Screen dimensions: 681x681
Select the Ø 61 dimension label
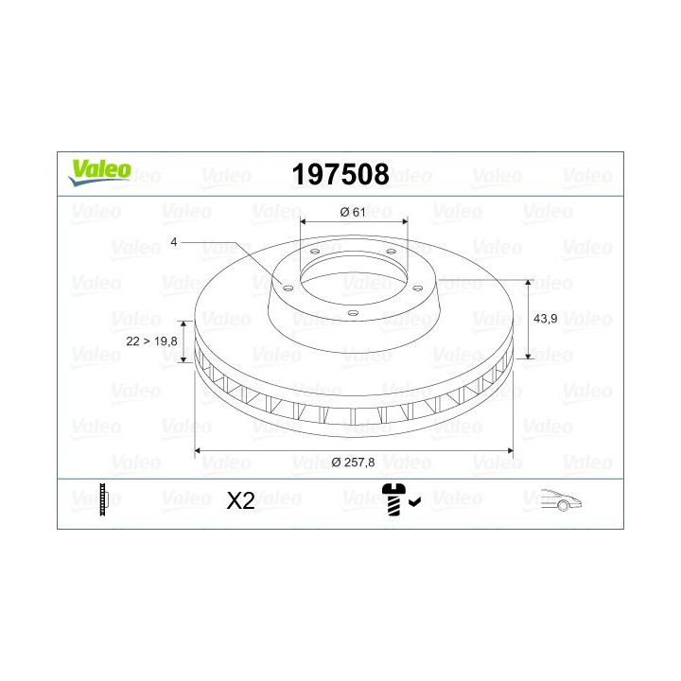(x=352, y=212)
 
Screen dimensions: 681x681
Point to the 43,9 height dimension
(x=546, y=320)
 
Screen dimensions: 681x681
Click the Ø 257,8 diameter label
(x=355, y=462)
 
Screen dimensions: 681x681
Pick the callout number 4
(x=174, y=242)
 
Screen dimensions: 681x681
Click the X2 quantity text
(x=242, y=501)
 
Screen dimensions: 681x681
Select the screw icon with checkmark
(x=397, y=498)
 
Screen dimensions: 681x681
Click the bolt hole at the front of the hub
(x=351, y=312)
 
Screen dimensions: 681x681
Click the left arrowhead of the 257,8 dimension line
(x=199, y=452)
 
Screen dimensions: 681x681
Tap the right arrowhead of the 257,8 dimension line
(x=512, y=452)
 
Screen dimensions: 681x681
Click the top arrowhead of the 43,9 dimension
(x=528, y=283)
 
